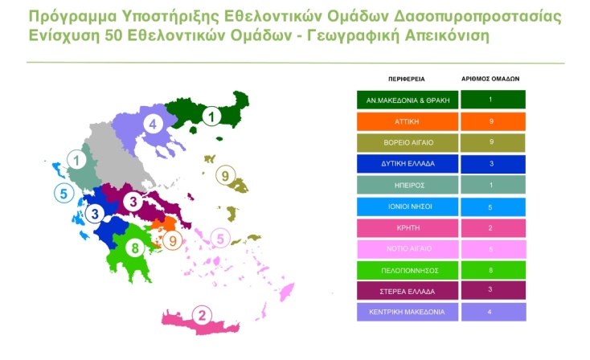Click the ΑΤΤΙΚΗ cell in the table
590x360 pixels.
(408, 122)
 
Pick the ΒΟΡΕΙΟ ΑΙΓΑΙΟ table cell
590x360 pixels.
(408, 143)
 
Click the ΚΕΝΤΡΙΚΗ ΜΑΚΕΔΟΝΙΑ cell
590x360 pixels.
(408, 310)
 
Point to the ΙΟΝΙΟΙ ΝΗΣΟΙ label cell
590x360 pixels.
(408, 206)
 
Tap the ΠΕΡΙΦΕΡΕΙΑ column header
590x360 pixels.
(407, 80)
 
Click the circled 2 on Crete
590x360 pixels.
(203, 315)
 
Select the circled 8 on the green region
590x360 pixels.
(137, 246)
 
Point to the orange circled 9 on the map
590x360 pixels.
(171, 239)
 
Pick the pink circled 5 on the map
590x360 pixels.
(219, 238)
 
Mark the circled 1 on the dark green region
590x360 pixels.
(211, 117)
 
